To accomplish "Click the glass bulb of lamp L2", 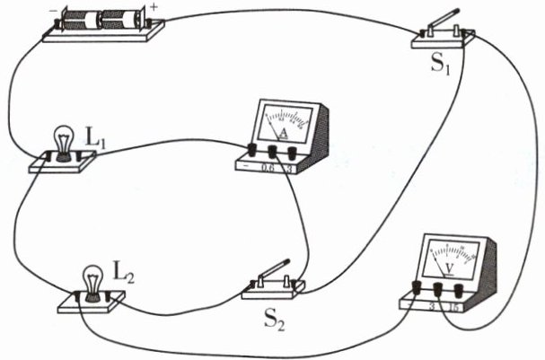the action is click(x=92, y=278).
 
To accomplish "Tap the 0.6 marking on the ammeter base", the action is click(x=267, y=167).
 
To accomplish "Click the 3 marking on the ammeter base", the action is click(x=288, y=168).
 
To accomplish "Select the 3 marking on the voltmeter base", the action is click(x=434, y=306).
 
